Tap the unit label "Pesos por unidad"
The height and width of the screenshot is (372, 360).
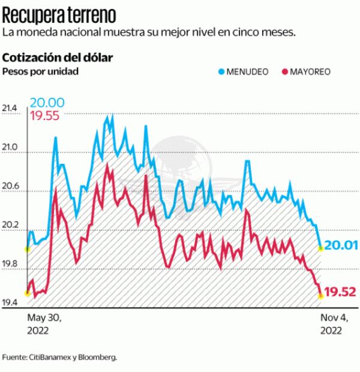point(41,72)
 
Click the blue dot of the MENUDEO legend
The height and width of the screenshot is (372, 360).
point(221,72)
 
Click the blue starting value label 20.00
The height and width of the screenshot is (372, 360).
point(47,103)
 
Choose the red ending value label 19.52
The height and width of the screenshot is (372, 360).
point(340,292)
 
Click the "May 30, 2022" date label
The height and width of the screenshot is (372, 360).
point(45,324)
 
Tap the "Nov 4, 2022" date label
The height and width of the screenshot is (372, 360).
point(334,324)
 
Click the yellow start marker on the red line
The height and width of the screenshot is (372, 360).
point(27,293)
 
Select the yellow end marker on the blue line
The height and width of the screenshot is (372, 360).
point(320,248)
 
